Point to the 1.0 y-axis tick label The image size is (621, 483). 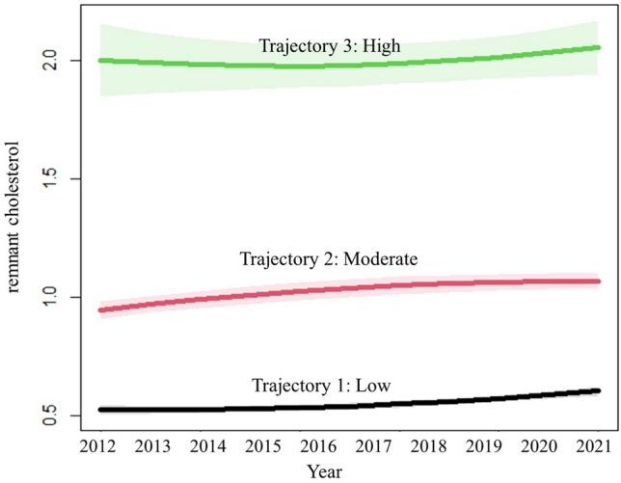click(59, 297)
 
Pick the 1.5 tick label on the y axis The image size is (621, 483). click(59, 179)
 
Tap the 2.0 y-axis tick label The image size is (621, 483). click(59, 61)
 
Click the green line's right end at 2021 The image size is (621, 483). click(598, 47)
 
